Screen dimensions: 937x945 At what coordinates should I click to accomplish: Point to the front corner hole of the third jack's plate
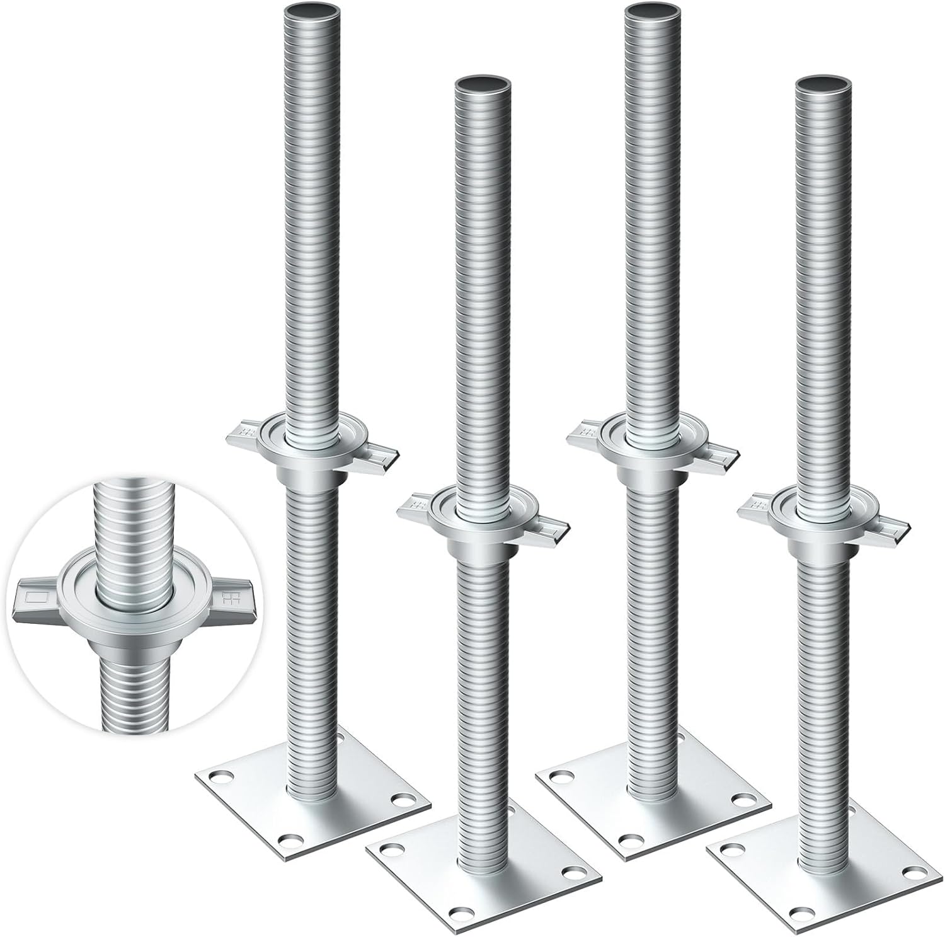628,839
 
